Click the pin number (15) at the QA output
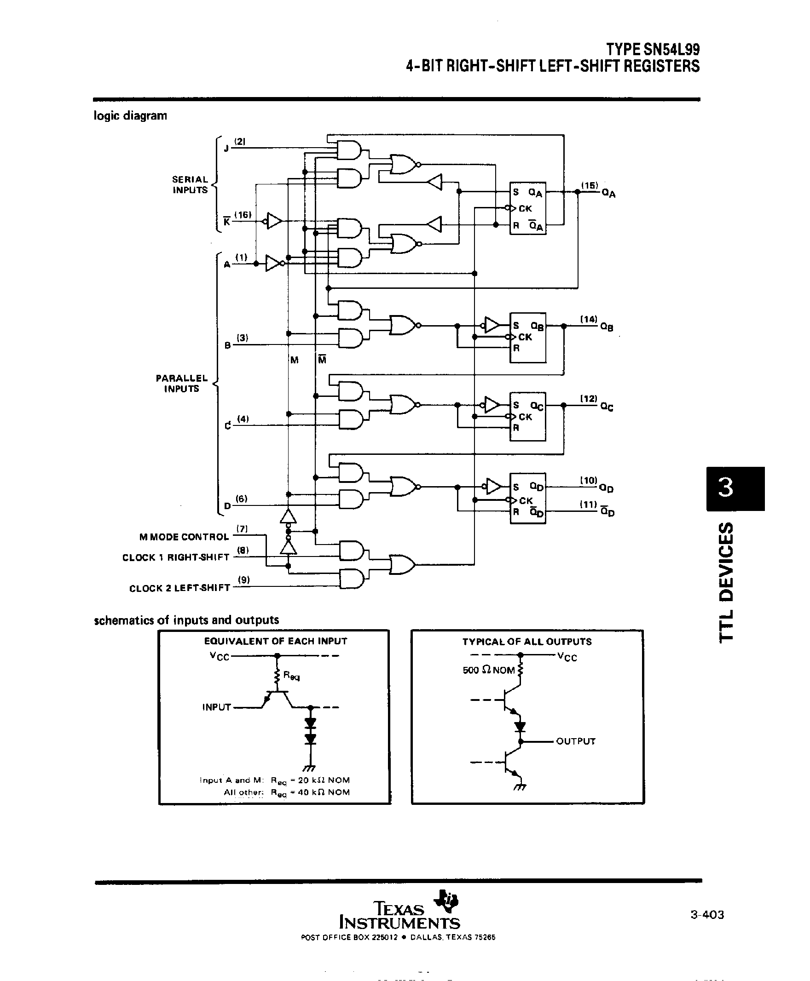[x=589, y=185]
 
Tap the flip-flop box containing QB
[x=528, y=338]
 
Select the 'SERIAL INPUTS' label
[x=190, y=184]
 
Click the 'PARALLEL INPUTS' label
[x=181, y=383]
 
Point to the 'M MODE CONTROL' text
[x=184, y=537]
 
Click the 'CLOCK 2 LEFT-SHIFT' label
[x=179, y=588]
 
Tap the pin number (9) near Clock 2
[x=243, y=579]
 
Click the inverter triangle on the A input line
[x=273, y=264]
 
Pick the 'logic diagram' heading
[x=130, y=115]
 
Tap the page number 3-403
[x=707, y=915]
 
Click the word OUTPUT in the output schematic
[x=575, y=741]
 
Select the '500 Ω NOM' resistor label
[x=488, y=670]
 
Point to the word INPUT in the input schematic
[x=216, y=707]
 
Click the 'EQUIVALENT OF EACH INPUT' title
[x=275, y=641]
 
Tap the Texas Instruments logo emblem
[x=446, y=901]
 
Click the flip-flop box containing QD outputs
[x=528, y=499]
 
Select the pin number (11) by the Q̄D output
[x=588, y=504]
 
